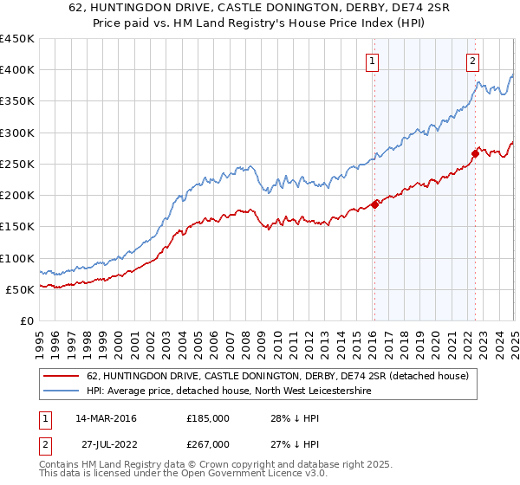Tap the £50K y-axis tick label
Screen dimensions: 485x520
pos(19,289)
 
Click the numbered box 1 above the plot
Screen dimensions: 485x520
pos(372,61)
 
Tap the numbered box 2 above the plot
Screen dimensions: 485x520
pos(473,61)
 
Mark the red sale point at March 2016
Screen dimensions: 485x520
pos(375,204)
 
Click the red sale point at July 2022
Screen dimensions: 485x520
pos(476,153)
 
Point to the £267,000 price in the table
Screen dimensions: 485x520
pos(207,443)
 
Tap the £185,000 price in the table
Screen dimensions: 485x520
pos(207,418)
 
